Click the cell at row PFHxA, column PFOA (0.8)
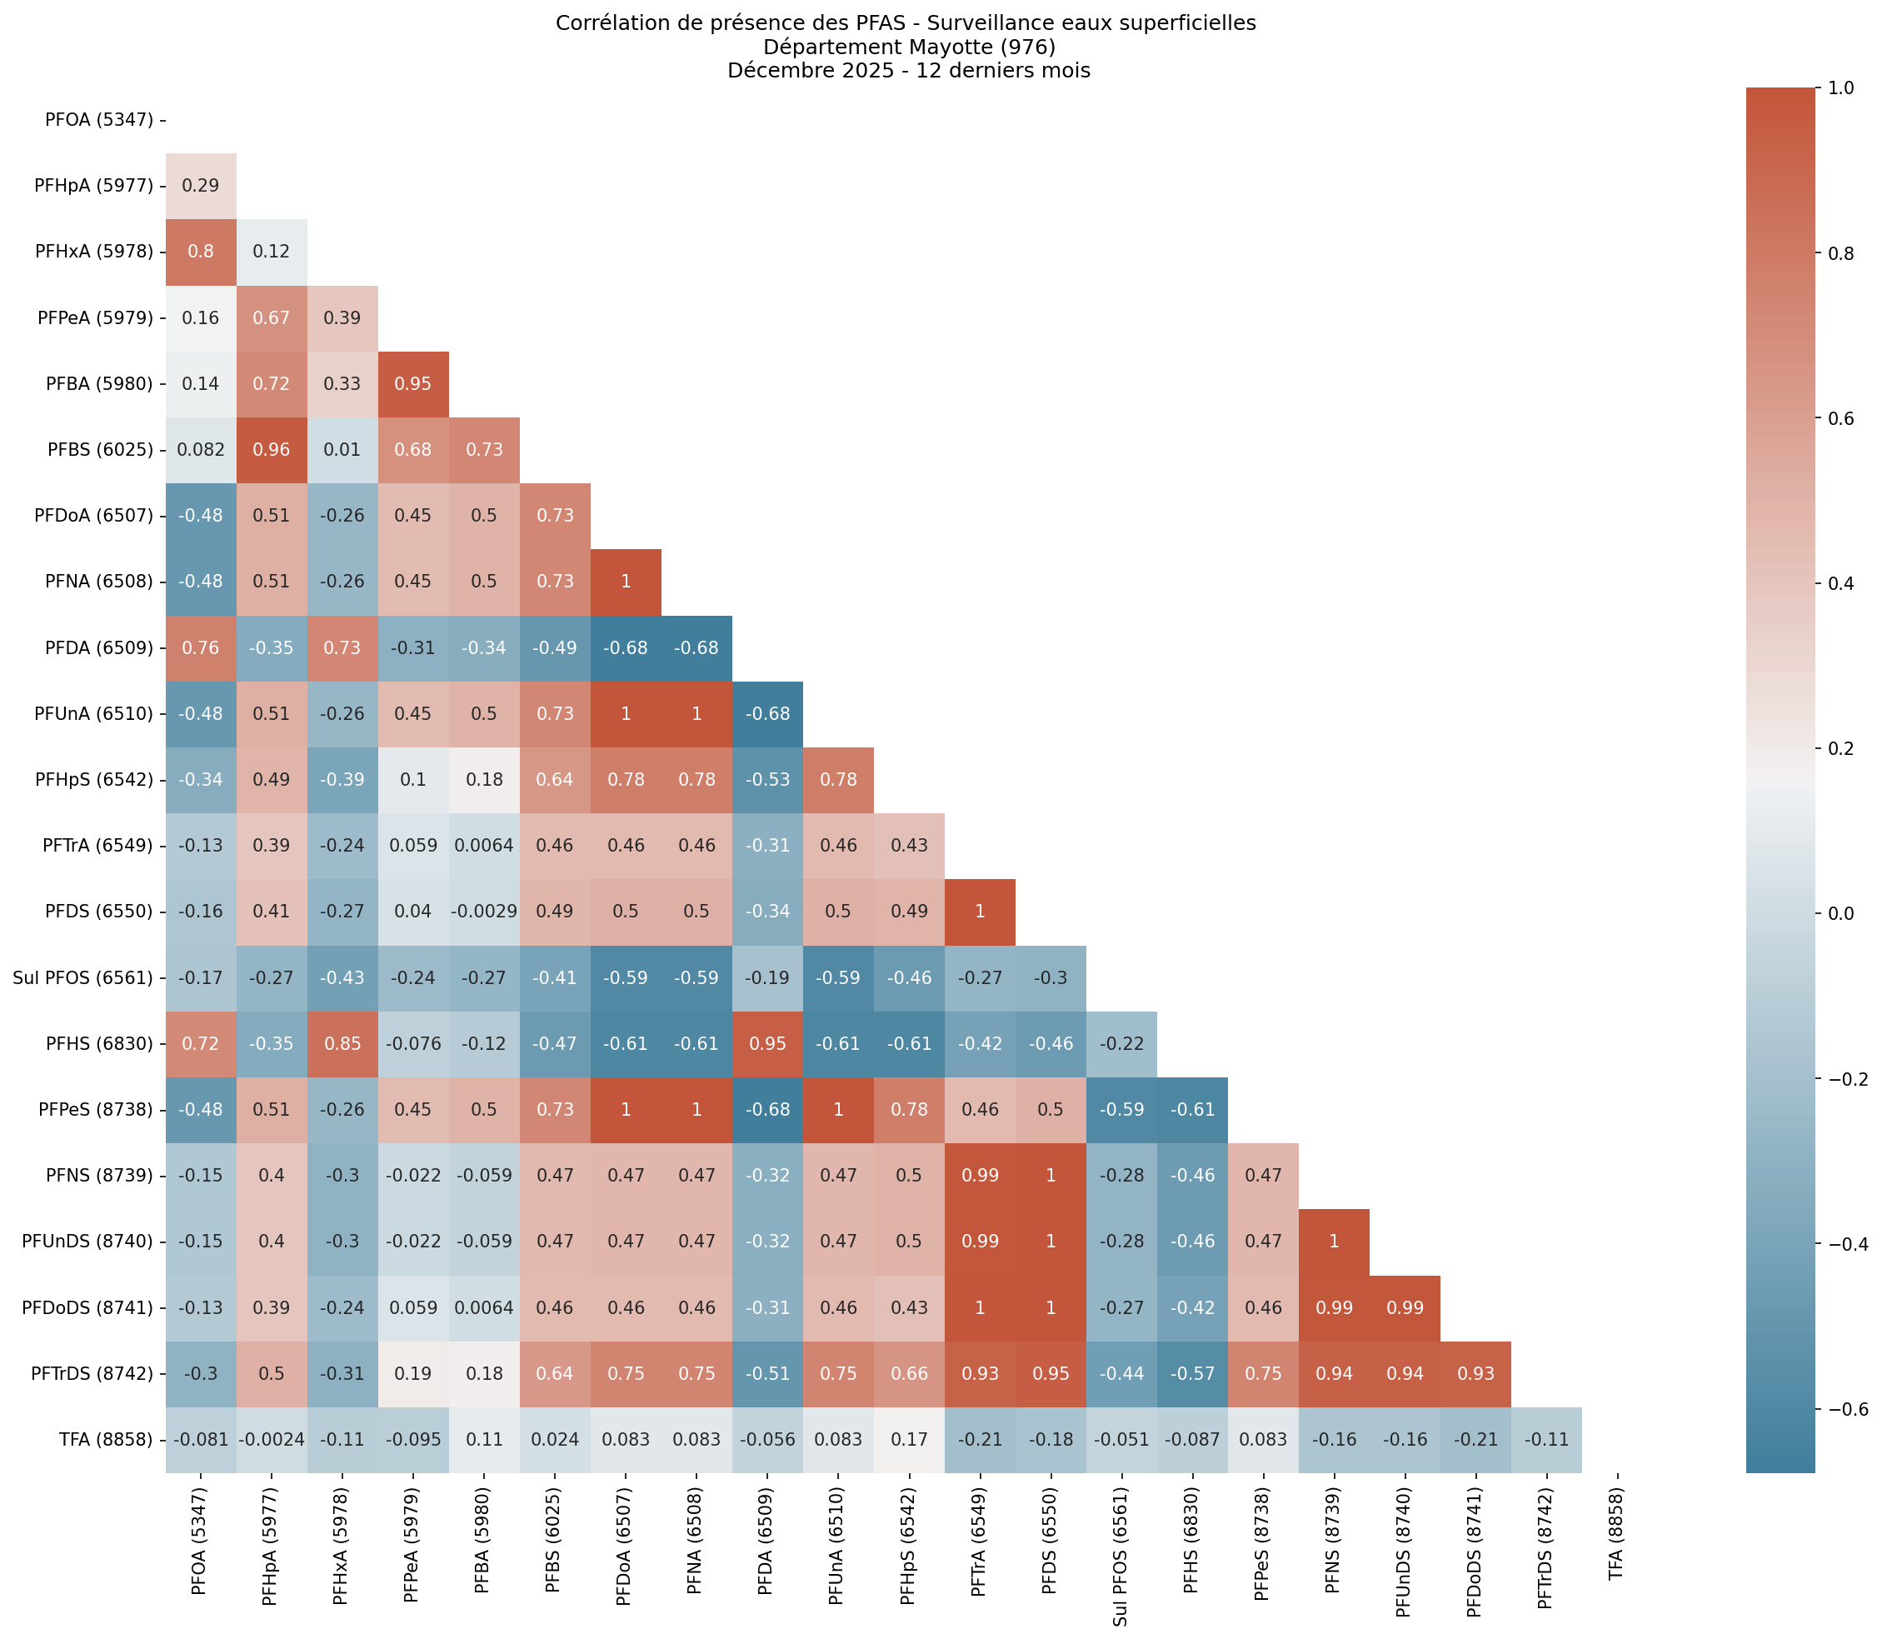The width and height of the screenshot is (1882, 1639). click(200, 252)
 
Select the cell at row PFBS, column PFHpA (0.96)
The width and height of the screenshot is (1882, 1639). click(271, 450)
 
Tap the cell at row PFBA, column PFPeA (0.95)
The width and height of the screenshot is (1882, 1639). click(412, 384)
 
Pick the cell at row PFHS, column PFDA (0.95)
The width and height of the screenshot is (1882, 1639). click(767, 1043)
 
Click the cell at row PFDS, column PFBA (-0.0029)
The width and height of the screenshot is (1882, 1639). click(484, 912)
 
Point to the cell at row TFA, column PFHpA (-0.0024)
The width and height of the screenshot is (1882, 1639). click(271, 1440)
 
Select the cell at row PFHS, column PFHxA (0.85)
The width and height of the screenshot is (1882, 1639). click(342, 1043)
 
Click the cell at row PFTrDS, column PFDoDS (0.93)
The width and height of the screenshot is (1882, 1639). click(1475, 1374)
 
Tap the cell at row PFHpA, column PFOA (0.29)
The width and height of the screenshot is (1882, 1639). click(200, 186)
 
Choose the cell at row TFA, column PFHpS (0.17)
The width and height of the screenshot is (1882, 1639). click(908, 1440)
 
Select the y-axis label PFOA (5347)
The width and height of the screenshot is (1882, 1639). click(99, 120)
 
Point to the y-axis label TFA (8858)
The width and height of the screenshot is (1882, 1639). click(104, 1440)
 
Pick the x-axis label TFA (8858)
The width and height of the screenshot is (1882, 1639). click(1616, 1524)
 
